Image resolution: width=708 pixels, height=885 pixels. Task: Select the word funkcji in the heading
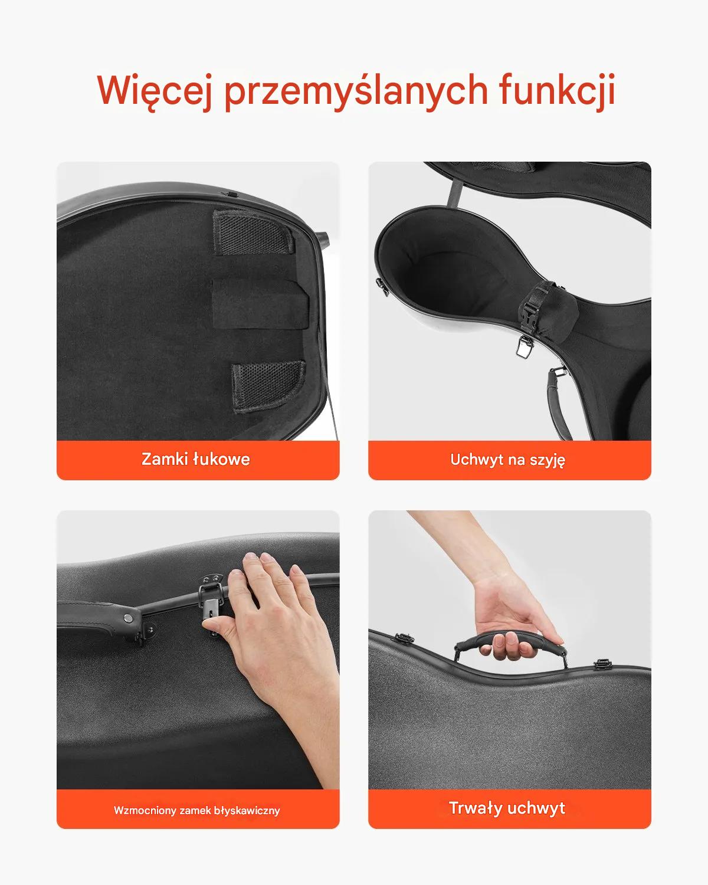pos(557,90)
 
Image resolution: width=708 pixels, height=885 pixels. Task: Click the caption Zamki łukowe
pos(196,459)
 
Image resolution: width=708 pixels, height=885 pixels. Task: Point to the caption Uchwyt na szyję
pos(507,460)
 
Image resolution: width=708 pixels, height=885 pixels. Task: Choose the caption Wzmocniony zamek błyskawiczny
pos(197,810)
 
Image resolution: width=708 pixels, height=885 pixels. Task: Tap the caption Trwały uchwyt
pos(507,808)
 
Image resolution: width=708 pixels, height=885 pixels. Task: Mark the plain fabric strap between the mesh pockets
pos(260,303)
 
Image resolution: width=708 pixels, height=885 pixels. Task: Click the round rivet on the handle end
pos(127,617)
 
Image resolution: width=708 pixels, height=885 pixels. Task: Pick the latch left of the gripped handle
pos(404,638)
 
